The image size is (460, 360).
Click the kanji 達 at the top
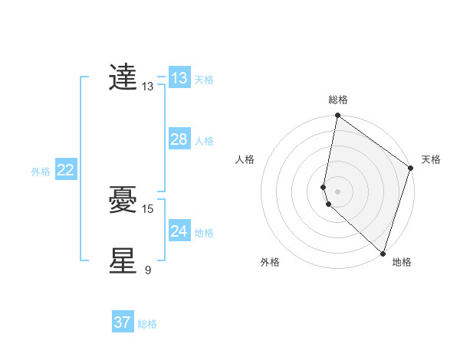123,77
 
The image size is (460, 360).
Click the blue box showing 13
179,78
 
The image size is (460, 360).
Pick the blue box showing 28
179,139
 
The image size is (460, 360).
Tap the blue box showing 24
179,231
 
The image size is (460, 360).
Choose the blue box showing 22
65,170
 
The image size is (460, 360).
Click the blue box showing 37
123,322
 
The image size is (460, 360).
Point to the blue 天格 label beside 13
204,80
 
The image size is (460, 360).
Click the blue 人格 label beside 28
204,141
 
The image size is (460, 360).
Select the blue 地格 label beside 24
204,233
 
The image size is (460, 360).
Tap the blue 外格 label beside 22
41,172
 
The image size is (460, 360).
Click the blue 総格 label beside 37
147,324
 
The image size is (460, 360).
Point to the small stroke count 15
149,208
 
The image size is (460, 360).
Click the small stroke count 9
148,269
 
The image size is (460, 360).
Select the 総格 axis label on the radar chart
338,100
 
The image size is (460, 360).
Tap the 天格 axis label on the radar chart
431,159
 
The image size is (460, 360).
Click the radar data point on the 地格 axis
383,253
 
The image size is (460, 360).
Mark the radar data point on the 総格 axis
338,116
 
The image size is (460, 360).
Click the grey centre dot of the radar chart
338,191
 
